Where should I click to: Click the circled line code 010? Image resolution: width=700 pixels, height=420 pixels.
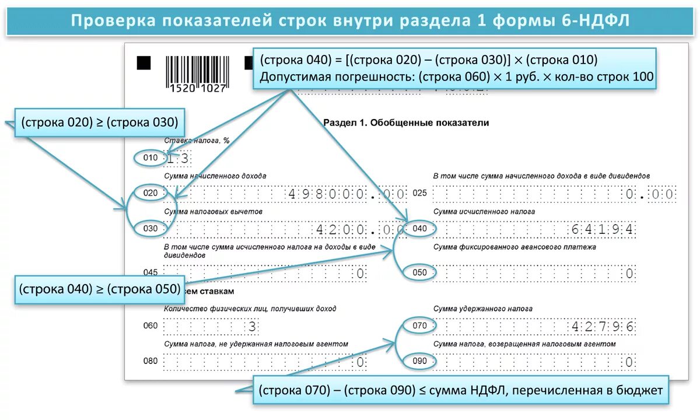point(150,157)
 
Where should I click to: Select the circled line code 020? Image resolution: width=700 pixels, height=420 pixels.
point(150,193)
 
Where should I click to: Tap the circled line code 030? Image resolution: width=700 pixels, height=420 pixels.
point(150,229)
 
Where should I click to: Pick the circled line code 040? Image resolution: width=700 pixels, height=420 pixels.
point(419,229)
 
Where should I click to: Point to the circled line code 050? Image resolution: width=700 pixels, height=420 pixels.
point(419,272)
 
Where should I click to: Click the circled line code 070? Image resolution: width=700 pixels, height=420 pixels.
point(419,325)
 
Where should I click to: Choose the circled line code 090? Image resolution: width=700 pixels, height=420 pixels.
point(419,361)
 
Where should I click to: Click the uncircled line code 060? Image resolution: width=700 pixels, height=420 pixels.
point(150,325)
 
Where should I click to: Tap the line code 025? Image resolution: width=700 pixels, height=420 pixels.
point(420,193)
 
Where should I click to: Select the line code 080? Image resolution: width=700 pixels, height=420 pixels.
point(150,361)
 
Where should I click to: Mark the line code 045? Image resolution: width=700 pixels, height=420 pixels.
point(150,272)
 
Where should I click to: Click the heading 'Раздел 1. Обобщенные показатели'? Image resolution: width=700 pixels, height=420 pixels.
point(405,123)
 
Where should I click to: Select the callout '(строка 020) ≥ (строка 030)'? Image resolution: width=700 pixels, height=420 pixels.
point(99,123)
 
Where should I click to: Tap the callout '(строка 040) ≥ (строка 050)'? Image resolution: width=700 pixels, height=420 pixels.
point(99,289)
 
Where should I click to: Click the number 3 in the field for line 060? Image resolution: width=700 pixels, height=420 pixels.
point(252,326)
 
